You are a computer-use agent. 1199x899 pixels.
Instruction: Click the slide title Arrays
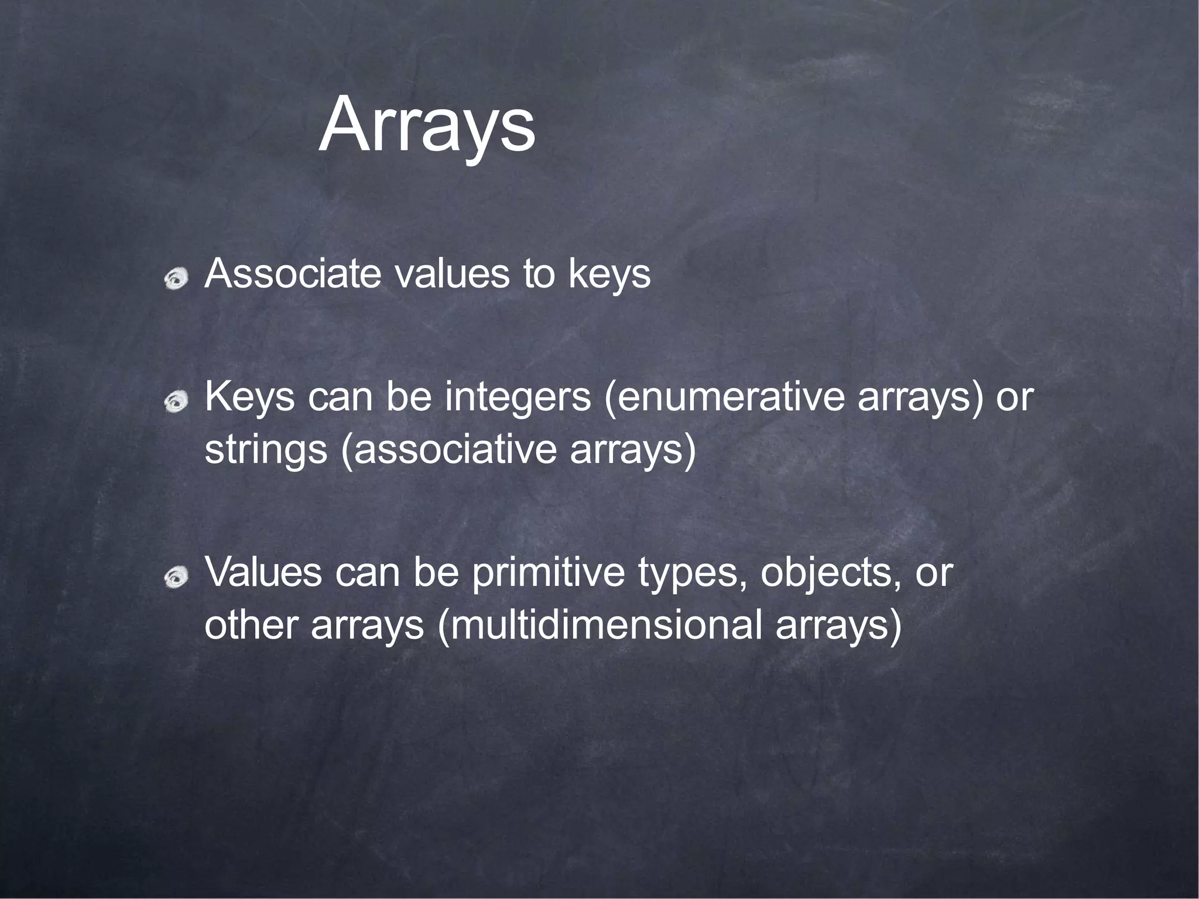[x=426, y=126]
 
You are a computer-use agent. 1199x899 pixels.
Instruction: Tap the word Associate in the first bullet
[x=293, y=273]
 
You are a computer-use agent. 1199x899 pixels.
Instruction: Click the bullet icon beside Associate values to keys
[x=176, y=277]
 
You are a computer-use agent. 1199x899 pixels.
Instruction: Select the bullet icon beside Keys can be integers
[x=176, y=401]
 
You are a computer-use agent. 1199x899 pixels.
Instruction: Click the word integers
[x=518, y=398]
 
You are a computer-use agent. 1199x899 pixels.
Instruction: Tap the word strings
[x=265, y=451]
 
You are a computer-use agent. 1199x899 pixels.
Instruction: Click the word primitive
[x=548, y=574]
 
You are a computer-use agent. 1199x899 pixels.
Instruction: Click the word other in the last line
[x=252, y=625]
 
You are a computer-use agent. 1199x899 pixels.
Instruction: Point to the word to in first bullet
[x=539, y=273]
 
